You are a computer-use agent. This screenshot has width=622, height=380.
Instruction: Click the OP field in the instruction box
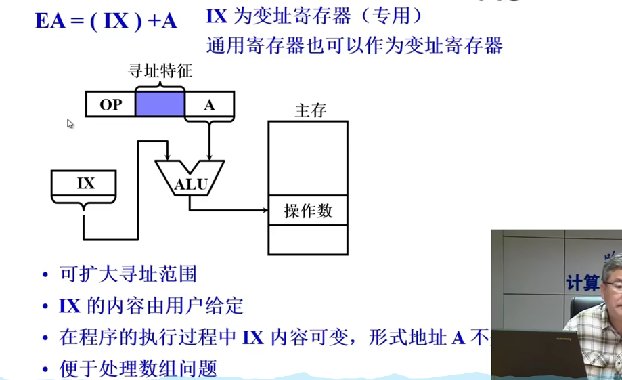(110, 105)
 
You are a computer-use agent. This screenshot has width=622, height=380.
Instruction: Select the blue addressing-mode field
(160, 104)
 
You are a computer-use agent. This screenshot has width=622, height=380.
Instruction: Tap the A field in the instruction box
(209, 105)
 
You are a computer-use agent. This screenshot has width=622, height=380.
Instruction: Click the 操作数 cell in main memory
(308, 211)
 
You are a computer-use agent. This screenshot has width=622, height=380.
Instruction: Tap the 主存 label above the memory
(311, 110)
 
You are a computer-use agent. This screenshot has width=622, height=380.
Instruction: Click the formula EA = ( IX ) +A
(106, 20)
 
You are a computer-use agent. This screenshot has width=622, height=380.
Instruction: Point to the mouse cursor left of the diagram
(70, 123)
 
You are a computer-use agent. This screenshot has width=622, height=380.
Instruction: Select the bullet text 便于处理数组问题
(138, 368)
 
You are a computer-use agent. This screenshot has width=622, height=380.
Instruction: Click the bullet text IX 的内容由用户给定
(151, 305)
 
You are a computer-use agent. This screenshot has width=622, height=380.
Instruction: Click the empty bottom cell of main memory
(308, 239)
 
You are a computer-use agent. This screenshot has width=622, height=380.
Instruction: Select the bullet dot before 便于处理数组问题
(45, 370)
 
